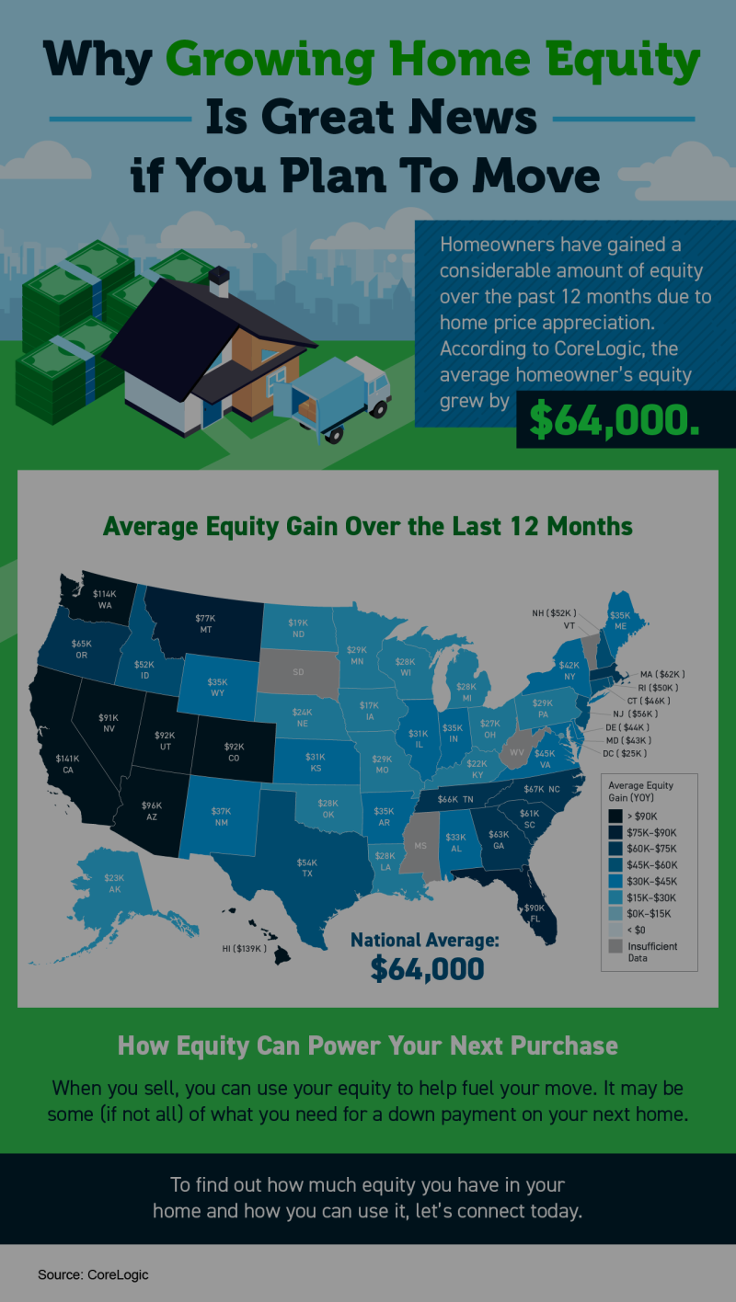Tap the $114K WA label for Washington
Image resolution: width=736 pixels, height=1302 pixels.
[x=104, y=599]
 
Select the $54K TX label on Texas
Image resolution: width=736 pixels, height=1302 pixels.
[x=306, y=868]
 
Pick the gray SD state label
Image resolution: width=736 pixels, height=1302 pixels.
[x=298, y=671]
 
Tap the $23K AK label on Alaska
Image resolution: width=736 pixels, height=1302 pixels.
[x=114, y=884]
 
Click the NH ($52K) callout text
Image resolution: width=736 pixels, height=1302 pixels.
[x=554, y=612]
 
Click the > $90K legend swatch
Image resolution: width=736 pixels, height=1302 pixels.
[x=614, y=816]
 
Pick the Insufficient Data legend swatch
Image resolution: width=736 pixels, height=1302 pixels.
[x=614, y=946]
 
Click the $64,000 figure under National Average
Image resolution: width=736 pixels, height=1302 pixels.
[x=427, y=968]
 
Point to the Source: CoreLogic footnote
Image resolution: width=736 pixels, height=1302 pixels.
[x=93, y=1274]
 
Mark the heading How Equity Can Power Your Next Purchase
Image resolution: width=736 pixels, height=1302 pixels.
[x=367, y=1045]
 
